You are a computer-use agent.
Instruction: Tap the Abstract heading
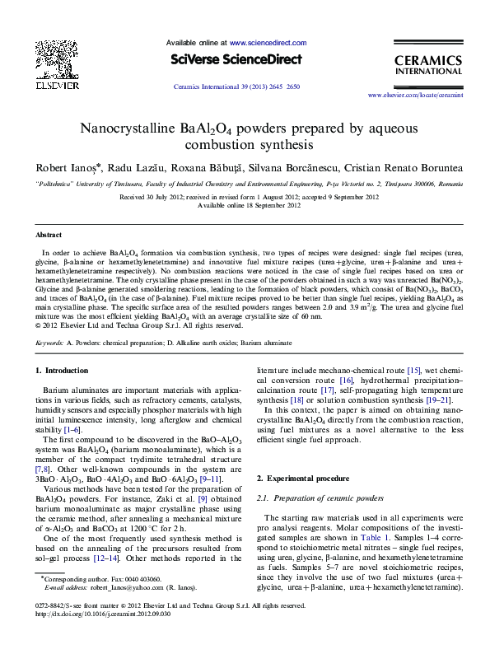(49, 235)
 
